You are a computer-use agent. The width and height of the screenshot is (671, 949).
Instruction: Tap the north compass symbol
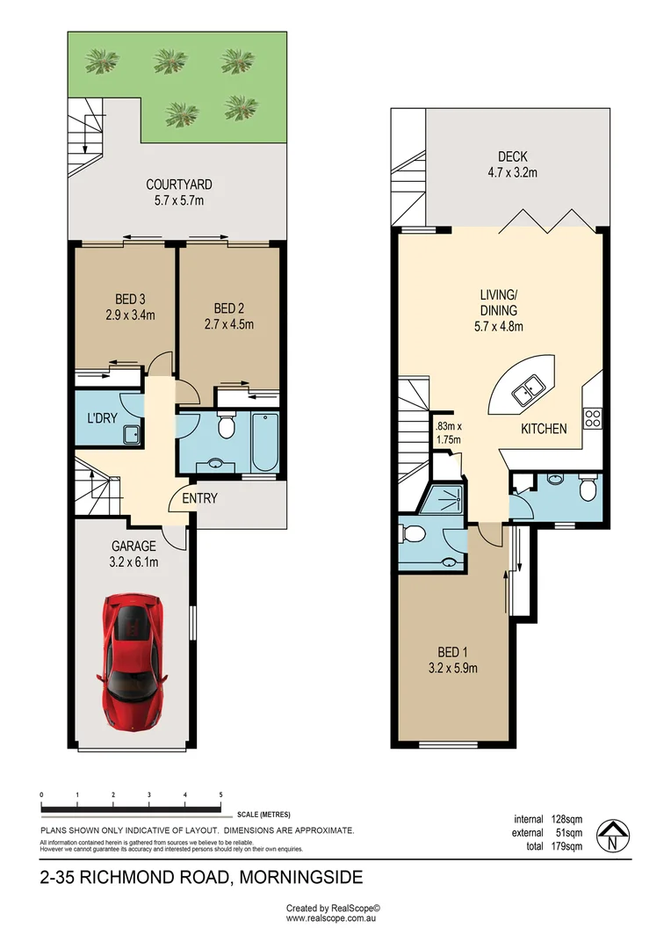coord(613,836)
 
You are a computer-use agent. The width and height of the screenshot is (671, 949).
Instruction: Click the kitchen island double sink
coord(528,390)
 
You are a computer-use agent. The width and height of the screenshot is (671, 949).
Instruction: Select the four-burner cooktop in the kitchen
coord(592,418)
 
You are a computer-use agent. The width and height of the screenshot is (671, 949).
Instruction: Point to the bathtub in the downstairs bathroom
coord(265,442)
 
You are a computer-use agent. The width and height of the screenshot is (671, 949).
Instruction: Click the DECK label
coord(513,156)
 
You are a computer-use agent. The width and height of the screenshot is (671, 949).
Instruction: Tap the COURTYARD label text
coord(178,184)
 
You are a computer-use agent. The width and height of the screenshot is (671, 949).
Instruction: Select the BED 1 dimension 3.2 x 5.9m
coord(452,668)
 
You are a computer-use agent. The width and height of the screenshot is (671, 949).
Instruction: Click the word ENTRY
coord(199,498)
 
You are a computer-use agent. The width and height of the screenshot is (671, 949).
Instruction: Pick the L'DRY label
coord(102,417)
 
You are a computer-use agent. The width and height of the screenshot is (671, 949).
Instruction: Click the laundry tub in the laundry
coord(131,435)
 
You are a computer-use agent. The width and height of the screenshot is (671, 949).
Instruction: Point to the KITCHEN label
coord(544,429)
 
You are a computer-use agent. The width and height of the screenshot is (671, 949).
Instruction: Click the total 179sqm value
coord(566,846)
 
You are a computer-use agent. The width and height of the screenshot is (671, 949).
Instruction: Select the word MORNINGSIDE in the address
coord(301,877)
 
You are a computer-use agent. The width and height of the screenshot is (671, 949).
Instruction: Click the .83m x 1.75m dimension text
coord(448,432)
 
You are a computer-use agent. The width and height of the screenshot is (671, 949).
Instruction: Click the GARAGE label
coord(133,546)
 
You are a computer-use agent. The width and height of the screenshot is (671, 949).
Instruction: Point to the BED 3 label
coord(130,299)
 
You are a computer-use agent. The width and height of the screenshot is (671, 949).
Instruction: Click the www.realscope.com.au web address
coord(332,918)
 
